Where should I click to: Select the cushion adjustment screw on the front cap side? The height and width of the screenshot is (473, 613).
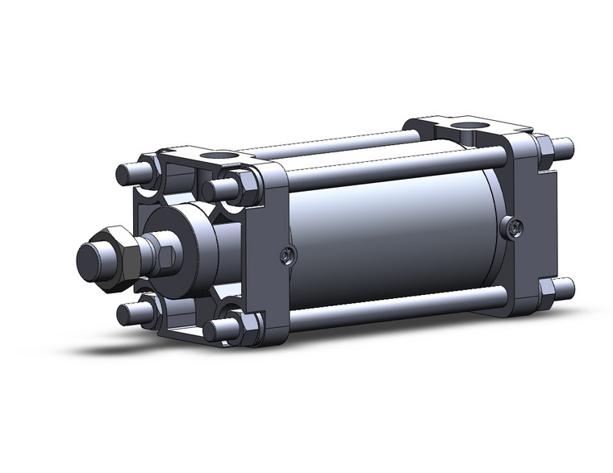point(286,256)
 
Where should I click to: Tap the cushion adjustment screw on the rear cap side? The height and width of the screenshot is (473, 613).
point(511,229)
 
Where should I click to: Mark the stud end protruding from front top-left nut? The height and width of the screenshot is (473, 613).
point(127,173)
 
